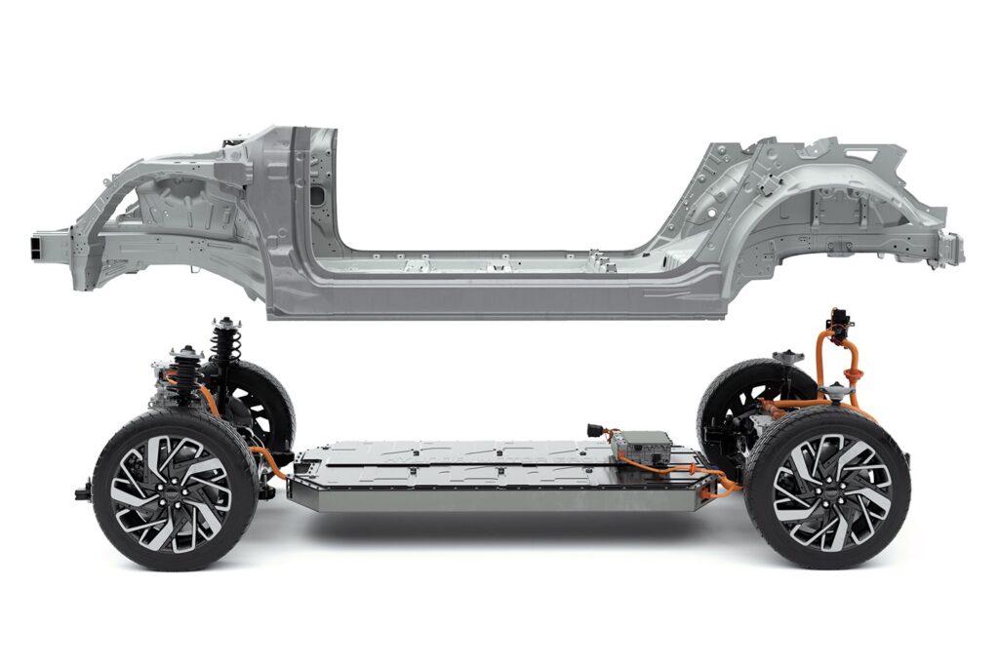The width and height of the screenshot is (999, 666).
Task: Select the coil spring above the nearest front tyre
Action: coord(185,375)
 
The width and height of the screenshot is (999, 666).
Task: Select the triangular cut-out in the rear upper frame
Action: coord(859,154)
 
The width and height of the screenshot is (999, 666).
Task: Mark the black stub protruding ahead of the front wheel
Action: coord(83,492)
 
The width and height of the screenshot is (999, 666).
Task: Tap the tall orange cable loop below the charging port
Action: coord(839,366)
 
